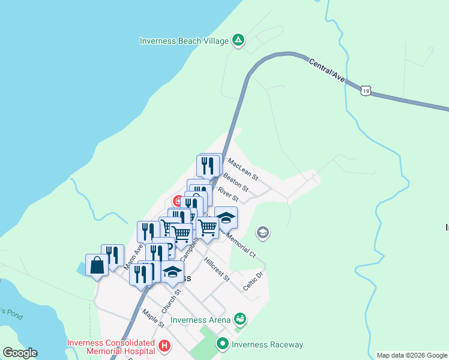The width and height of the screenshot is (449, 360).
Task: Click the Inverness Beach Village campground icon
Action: pos(238,41)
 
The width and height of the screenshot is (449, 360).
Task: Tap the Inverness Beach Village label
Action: pos(184,41)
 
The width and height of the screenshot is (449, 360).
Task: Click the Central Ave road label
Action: pos(327,70)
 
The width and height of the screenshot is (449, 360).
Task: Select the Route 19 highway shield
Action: pos(366,91)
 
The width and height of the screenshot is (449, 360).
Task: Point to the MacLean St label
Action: pos(243,170)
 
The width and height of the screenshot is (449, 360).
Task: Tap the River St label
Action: pos(228,194)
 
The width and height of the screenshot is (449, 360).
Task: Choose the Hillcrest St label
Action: pos(217,269)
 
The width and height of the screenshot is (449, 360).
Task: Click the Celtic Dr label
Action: pos(253,281)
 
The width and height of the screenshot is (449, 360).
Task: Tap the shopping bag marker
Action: pos(97,265)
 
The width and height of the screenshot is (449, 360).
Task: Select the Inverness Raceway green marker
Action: pos(223,344)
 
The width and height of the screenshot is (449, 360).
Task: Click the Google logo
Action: pos(20,353)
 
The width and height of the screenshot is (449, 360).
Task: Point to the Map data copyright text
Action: pos(412,355)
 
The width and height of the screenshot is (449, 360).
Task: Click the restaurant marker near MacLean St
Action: pos(208,164)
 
